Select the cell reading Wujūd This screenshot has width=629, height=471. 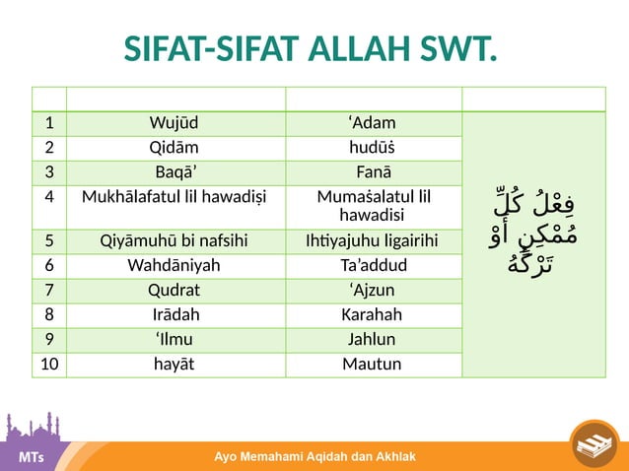tap(175, 124)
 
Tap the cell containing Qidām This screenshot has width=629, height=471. tap(175, 149)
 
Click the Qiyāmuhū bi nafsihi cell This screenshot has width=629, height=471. tap(175, 241)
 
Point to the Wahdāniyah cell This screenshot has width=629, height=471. tap(175, 266)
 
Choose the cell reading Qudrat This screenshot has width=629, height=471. tap(175, 291)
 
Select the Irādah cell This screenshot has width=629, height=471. tap(175, 315)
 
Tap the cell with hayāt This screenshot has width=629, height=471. tap(175, 365)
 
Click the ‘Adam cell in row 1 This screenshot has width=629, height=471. tap(372, 124)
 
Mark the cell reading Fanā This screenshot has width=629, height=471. tap(372, 172)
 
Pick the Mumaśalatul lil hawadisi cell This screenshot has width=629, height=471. tap(372, 205)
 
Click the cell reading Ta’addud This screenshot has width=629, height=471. tap(372, 266)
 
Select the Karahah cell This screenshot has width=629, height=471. tap(372, 315)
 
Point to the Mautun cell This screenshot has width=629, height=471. tap(372, 365)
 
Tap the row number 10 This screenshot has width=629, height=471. tap(48, 365)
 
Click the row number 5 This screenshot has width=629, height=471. tap(48, 241)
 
